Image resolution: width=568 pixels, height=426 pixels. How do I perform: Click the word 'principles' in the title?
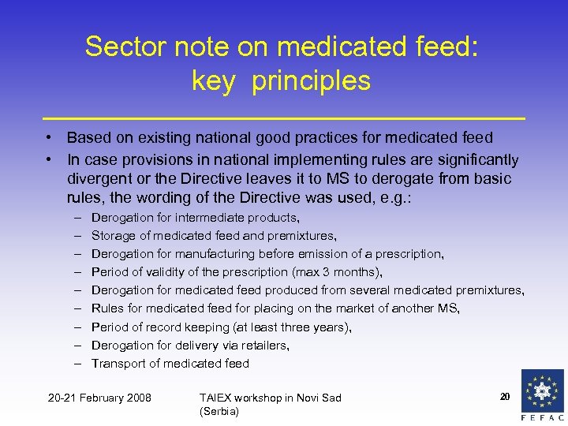point(311,80)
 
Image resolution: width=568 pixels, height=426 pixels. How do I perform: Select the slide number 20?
point(505,396)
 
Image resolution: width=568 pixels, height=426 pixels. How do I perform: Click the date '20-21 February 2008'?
point(100,397)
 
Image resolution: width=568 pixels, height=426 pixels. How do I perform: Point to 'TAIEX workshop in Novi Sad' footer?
point(270,398)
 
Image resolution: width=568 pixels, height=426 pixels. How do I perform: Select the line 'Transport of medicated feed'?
point(170,364)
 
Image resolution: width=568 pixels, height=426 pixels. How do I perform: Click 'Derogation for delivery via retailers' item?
point(190,346)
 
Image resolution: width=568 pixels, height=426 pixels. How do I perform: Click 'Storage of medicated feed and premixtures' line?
point(214,236)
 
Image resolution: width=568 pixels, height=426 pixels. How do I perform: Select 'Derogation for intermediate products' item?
point(196,217)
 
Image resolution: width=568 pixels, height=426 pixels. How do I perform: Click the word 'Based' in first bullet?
point(88,138)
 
